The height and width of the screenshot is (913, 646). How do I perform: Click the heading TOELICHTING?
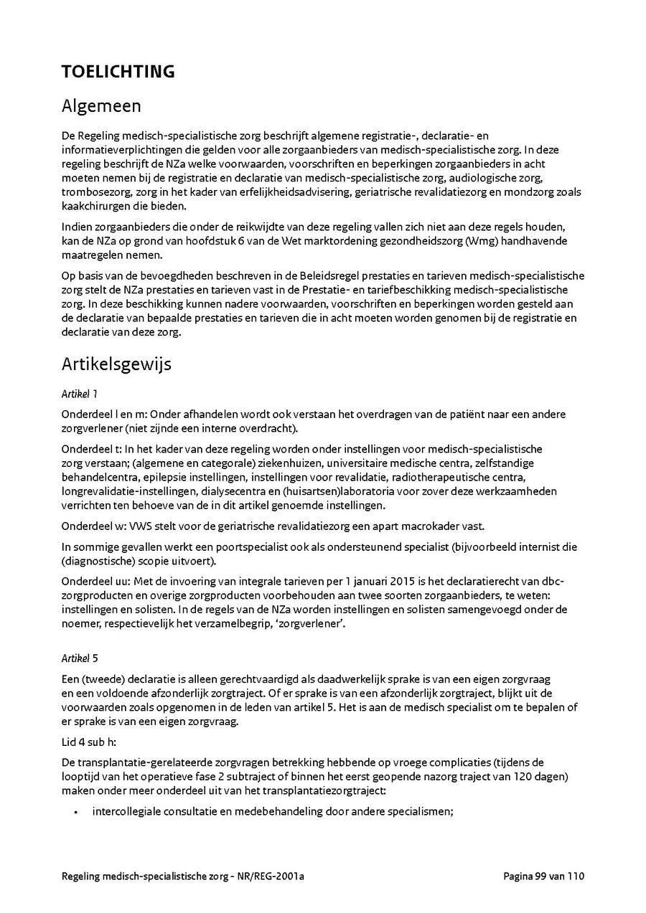[x=118, y=72]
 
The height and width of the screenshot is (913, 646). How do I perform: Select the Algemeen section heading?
[x=101, y=106]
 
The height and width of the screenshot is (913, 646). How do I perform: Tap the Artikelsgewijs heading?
[x=116, y=364]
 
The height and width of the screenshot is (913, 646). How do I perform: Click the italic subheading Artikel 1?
[x=79, y=394]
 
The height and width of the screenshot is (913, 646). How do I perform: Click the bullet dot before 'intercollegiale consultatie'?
[x=76, y=812]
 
